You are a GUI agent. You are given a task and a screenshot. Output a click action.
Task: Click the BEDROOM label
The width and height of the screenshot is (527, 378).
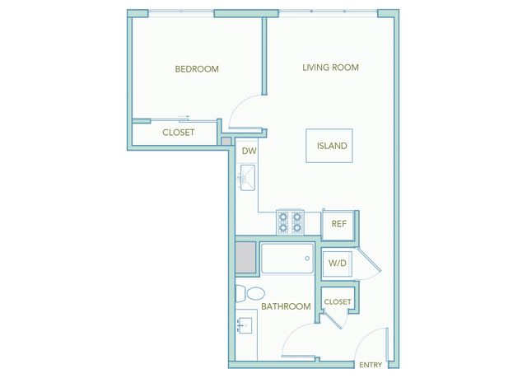[x=197, y=69]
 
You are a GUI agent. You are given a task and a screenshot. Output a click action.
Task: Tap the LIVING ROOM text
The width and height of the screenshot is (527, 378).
[x=330, y=68]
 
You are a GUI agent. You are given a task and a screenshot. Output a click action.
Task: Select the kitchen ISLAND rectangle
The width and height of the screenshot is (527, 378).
[x=329, y=146]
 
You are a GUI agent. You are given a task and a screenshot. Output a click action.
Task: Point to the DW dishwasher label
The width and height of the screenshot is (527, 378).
[x=249, y=151]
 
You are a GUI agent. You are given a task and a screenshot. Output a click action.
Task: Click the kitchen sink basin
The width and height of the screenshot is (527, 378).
[x=247, y=178]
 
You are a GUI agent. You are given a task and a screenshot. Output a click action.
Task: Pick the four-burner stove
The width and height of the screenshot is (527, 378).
[x=290, y=222]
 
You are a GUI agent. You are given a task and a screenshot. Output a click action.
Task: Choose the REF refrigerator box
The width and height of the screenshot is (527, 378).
[x=338, y=224]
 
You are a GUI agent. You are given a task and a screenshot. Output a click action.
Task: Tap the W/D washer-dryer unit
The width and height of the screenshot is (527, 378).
[x=337, y=264]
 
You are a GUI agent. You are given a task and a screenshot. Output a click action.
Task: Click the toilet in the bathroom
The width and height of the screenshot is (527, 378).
[x=250, y=294]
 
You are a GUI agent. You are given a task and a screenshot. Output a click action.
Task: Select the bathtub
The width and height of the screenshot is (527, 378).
[x=287, y=259]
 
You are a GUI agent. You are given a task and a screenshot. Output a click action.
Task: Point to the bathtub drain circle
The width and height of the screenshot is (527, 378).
[x=307, y=259]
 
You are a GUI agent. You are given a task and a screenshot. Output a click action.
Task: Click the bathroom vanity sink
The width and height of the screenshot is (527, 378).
[x=245, y=324]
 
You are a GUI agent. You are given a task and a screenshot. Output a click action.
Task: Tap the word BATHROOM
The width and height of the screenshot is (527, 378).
[x=286, y=306]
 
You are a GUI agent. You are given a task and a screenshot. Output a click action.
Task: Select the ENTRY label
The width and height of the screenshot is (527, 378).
[x=371, y=365]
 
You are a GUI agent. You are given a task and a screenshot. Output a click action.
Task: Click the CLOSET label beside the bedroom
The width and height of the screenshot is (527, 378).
[x=178, y=133]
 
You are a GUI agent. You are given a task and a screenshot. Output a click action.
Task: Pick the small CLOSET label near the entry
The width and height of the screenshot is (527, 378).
[x=338, y=302]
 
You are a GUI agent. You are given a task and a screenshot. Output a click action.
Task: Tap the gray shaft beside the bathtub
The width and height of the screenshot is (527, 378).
[x=245, y=258]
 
